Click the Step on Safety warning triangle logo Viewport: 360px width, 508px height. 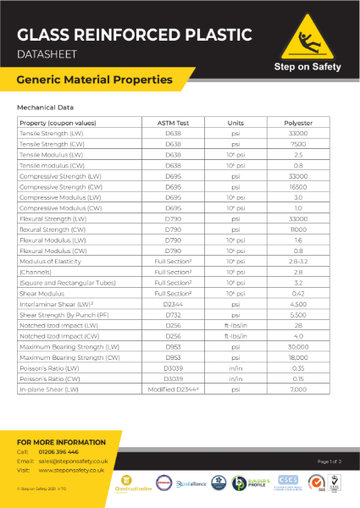[x=307, y=38]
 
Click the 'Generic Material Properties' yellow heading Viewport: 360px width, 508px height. [x=95, y=80]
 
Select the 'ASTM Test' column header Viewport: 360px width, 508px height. [x=173, y=123]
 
